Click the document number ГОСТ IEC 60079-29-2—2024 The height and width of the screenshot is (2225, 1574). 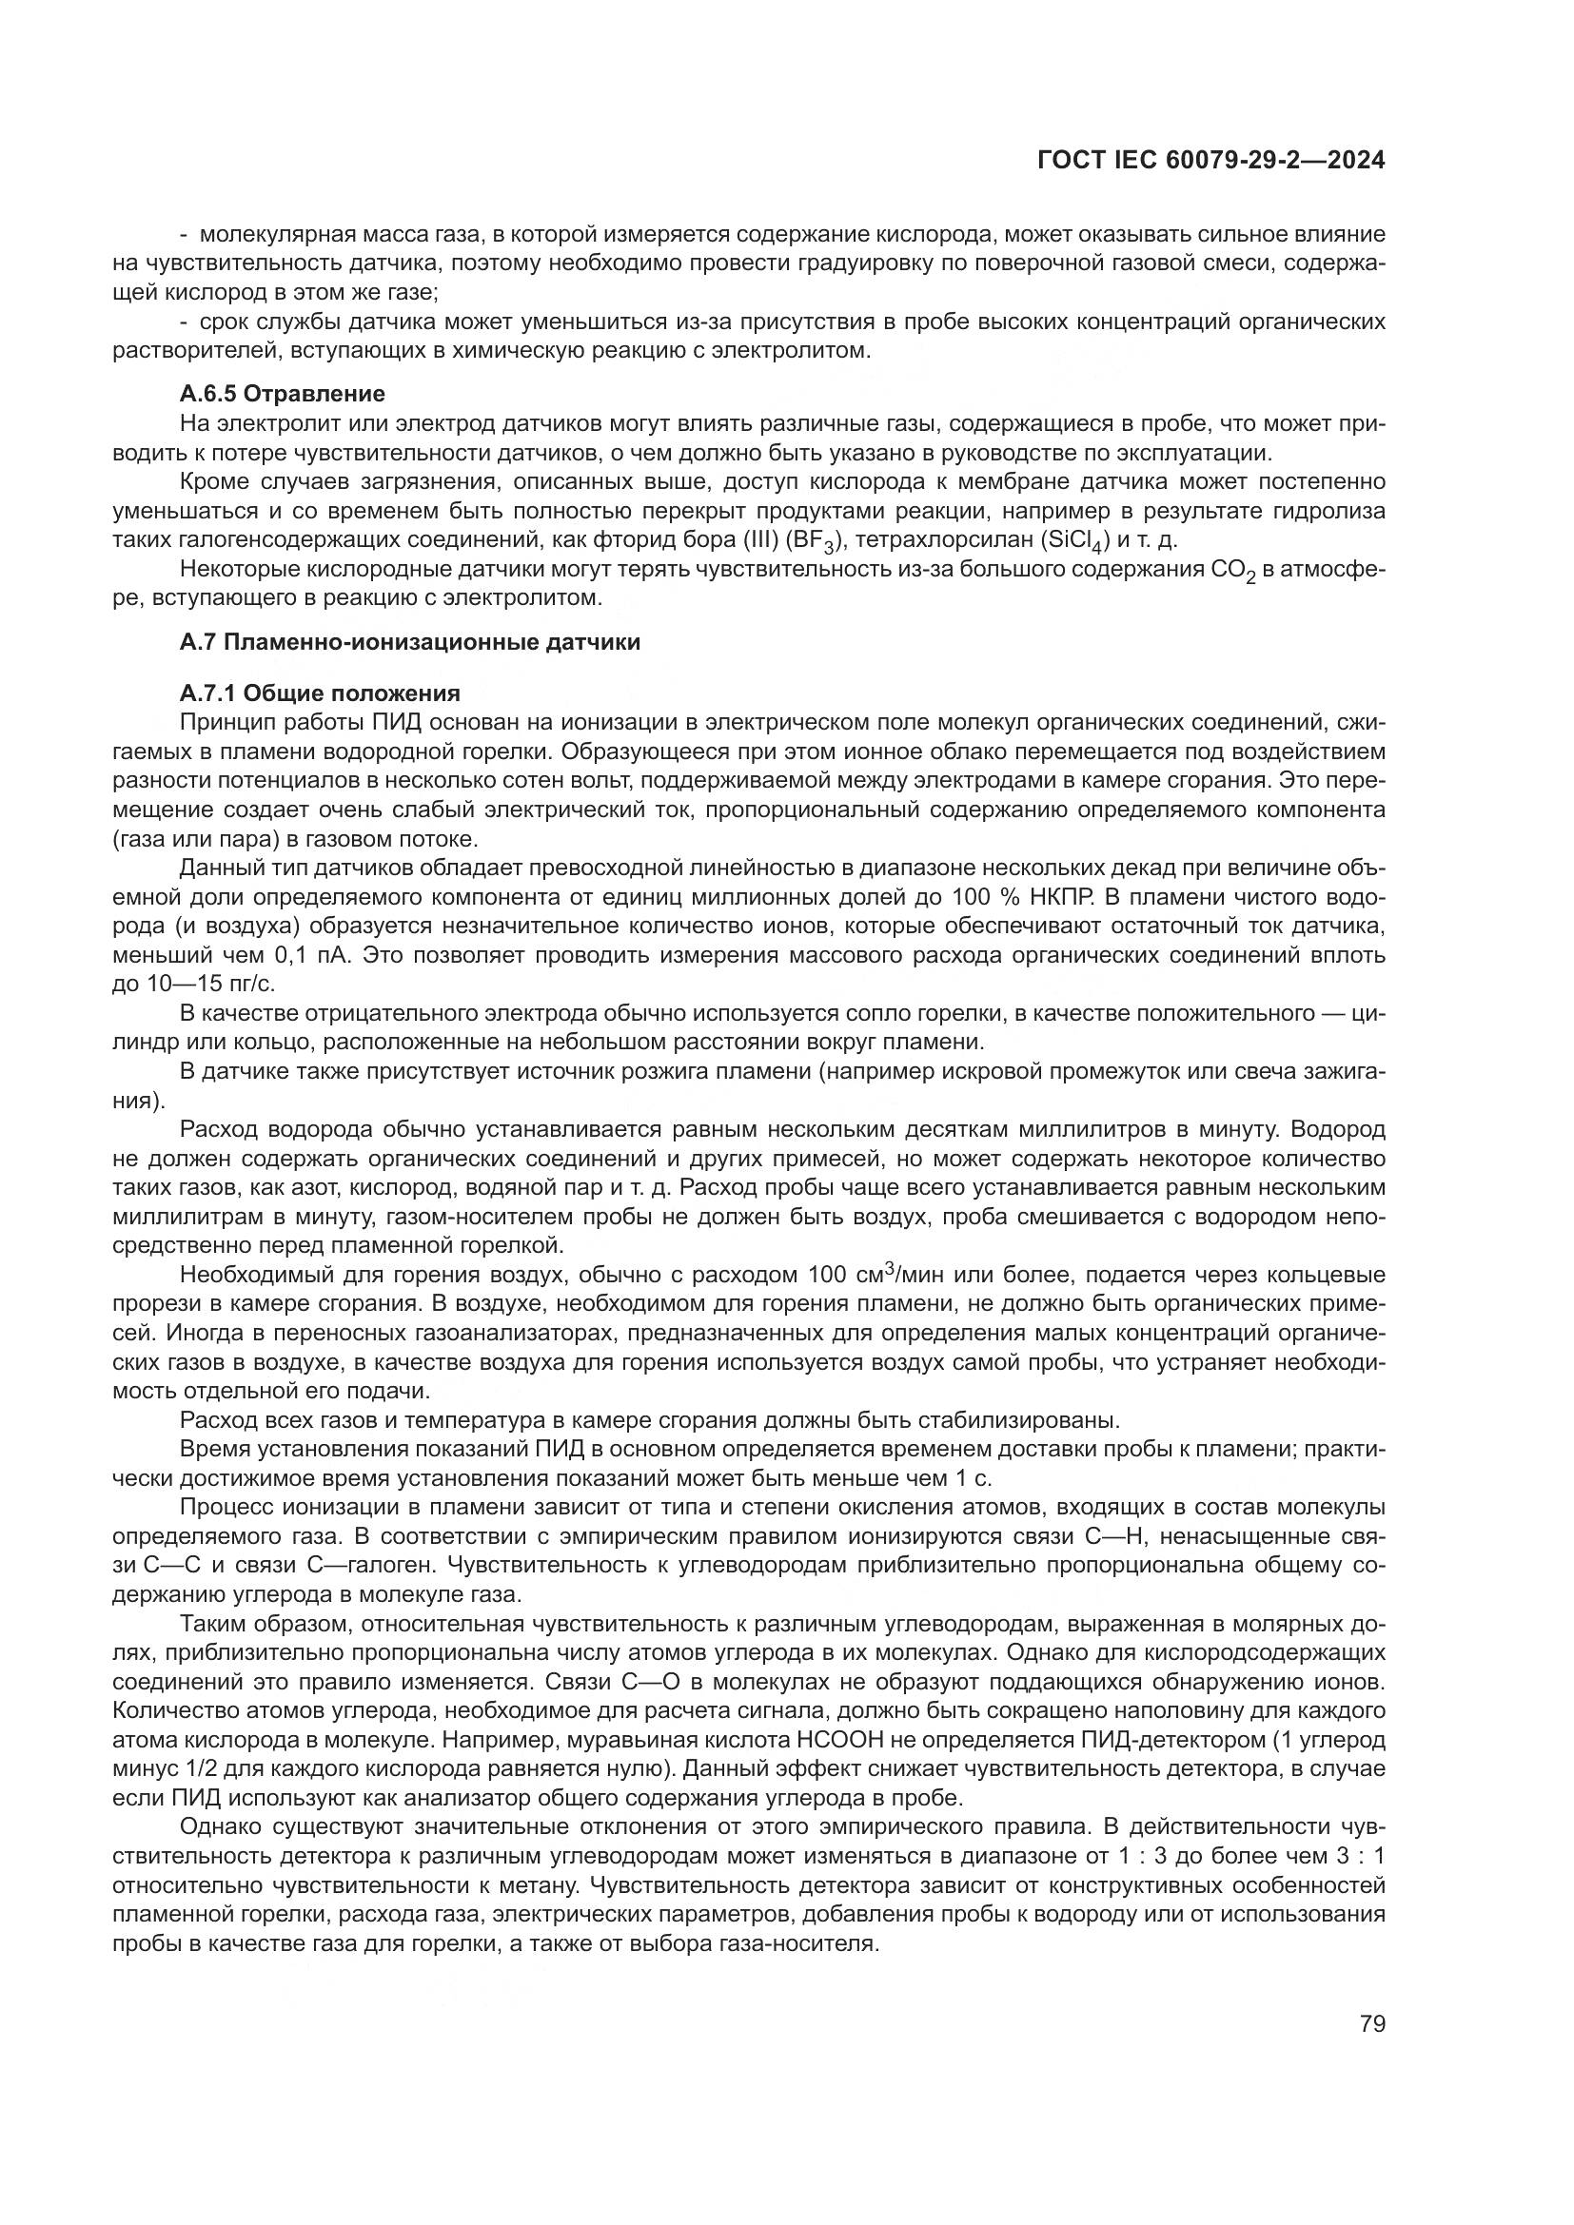1210,161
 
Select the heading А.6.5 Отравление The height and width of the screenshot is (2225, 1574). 282,394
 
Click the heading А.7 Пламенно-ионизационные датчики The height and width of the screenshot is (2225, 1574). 410,641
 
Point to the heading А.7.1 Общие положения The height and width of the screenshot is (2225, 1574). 320,693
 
